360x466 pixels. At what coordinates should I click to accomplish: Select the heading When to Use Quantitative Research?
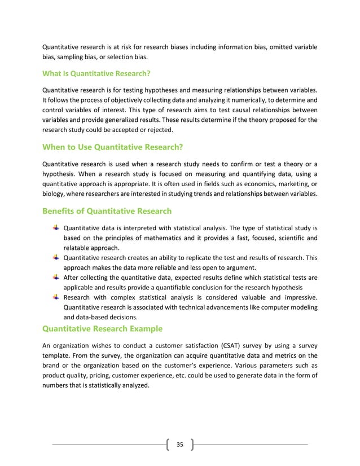tap(113, 148)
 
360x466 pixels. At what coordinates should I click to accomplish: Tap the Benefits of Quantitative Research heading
tap(107, 212)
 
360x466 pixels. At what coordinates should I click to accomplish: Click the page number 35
tap(180, 445)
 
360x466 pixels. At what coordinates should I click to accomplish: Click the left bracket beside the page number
tap(168, 445)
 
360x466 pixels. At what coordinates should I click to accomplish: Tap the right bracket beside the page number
tap(192, 445)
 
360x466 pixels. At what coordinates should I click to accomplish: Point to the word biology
tap(54, 195)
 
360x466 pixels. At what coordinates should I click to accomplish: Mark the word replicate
tap(194, 258)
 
